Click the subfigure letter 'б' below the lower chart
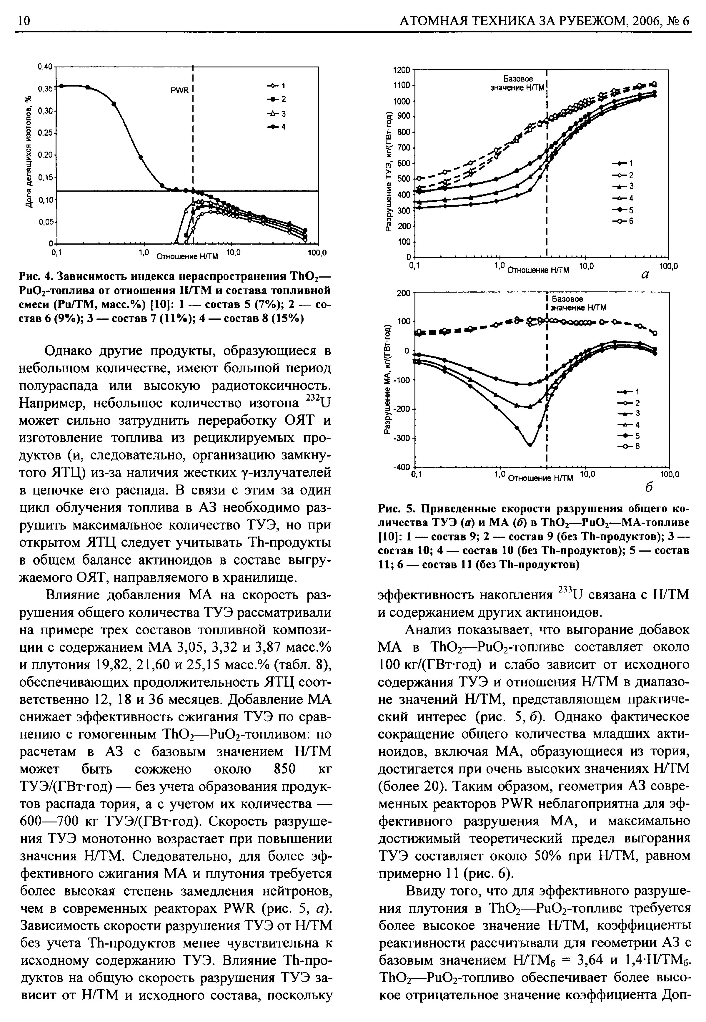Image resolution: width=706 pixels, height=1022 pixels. [x=649, y=487]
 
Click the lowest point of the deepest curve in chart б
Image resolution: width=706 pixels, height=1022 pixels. [x=530, y=444]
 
